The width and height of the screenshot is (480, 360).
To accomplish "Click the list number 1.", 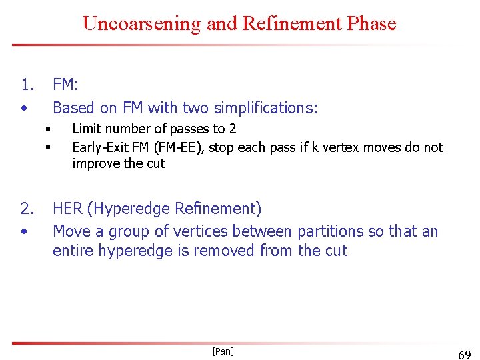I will click(x=27, y=85).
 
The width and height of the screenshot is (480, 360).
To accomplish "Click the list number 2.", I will click(x=27, y=209).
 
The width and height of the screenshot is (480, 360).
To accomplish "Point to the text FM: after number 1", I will click(x=65, y=85).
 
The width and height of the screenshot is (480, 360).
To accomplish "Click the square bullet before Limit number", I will click(x=49, y=129).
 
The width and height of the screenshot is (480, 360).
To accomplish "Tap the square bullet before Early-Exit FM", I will click(x=49, y=147).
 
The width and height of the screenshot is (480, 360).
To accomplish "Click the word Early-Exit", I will click(x=100, y=147).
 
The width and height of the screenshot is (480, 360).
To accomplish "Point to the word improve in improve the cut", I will click(x=94, y=163).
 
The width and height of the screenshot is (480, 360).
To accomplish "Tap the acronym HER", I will click(x=67, y=209).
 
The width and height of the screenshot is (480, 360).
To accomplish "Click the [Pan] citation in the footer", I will click(x=223, y=351).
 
